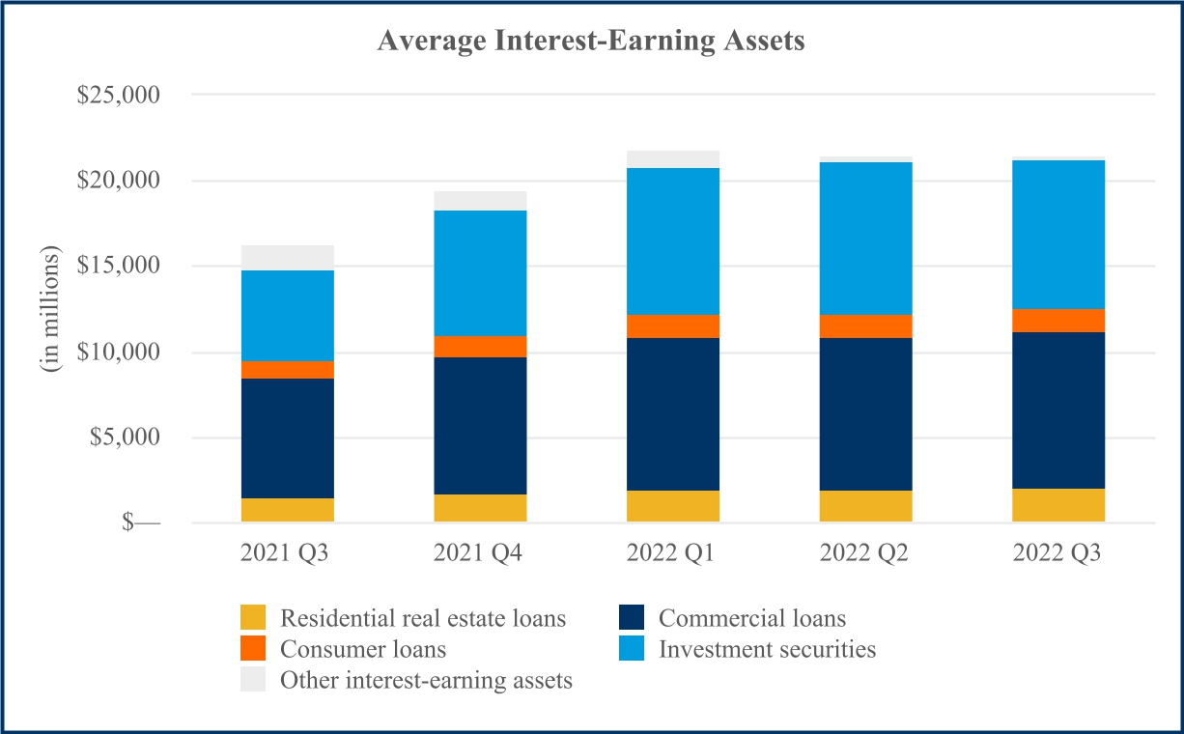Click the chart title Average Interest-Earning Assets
[591, 41]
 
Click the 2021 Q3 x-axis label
[287, 554]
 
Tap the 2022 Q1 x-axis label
[672, 554]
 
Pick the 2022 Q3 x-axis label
[1057, 554]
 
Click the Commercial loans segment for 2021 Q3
[287, 438]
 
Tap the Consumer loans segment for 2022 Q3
[1057, 321]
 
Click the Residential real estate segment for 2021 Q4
[480, 509]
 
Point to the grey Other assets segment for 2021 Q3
[287, 258]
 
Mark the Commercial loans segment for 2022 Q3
[1057, 410]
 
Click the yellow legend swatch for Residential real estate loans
[253, 618]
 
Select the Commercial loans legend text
[752, 618]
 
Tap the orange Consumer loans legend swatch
[253, 649]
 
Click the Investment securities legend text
[768, 649]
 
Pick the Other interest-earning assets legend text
[426, 680]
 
